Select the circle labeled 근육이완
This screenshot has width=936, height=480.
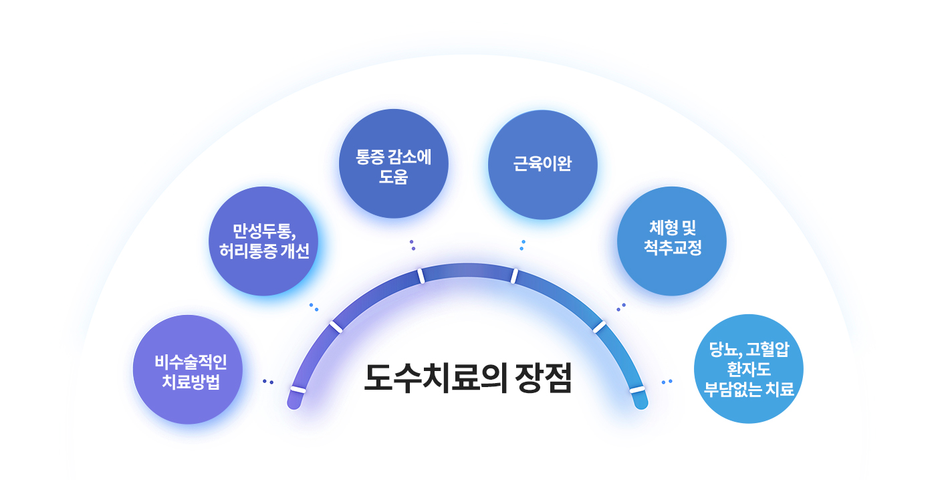pyautogui.click(x=542, y=164)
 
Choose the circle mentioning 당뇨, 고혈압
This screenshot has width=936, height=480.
pyautogui.click(x=749, y=368)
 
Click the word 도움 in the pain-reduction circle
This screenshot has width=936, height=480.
pyautogui.click(x=393, y=178)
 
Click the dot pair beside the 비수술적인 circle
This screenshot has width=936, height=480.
pyautogui.click(x=268, y=382)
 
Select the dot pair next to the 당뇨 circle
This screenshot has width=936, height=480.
pyautogui.click(x=667, y=382)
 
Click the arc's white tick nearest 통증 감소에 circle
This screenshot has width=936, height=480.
pyautogui.click(x=421, y=276)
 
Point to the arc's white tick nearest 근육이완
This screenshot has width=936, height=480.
pyautogui.click(x=514, y=275)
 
